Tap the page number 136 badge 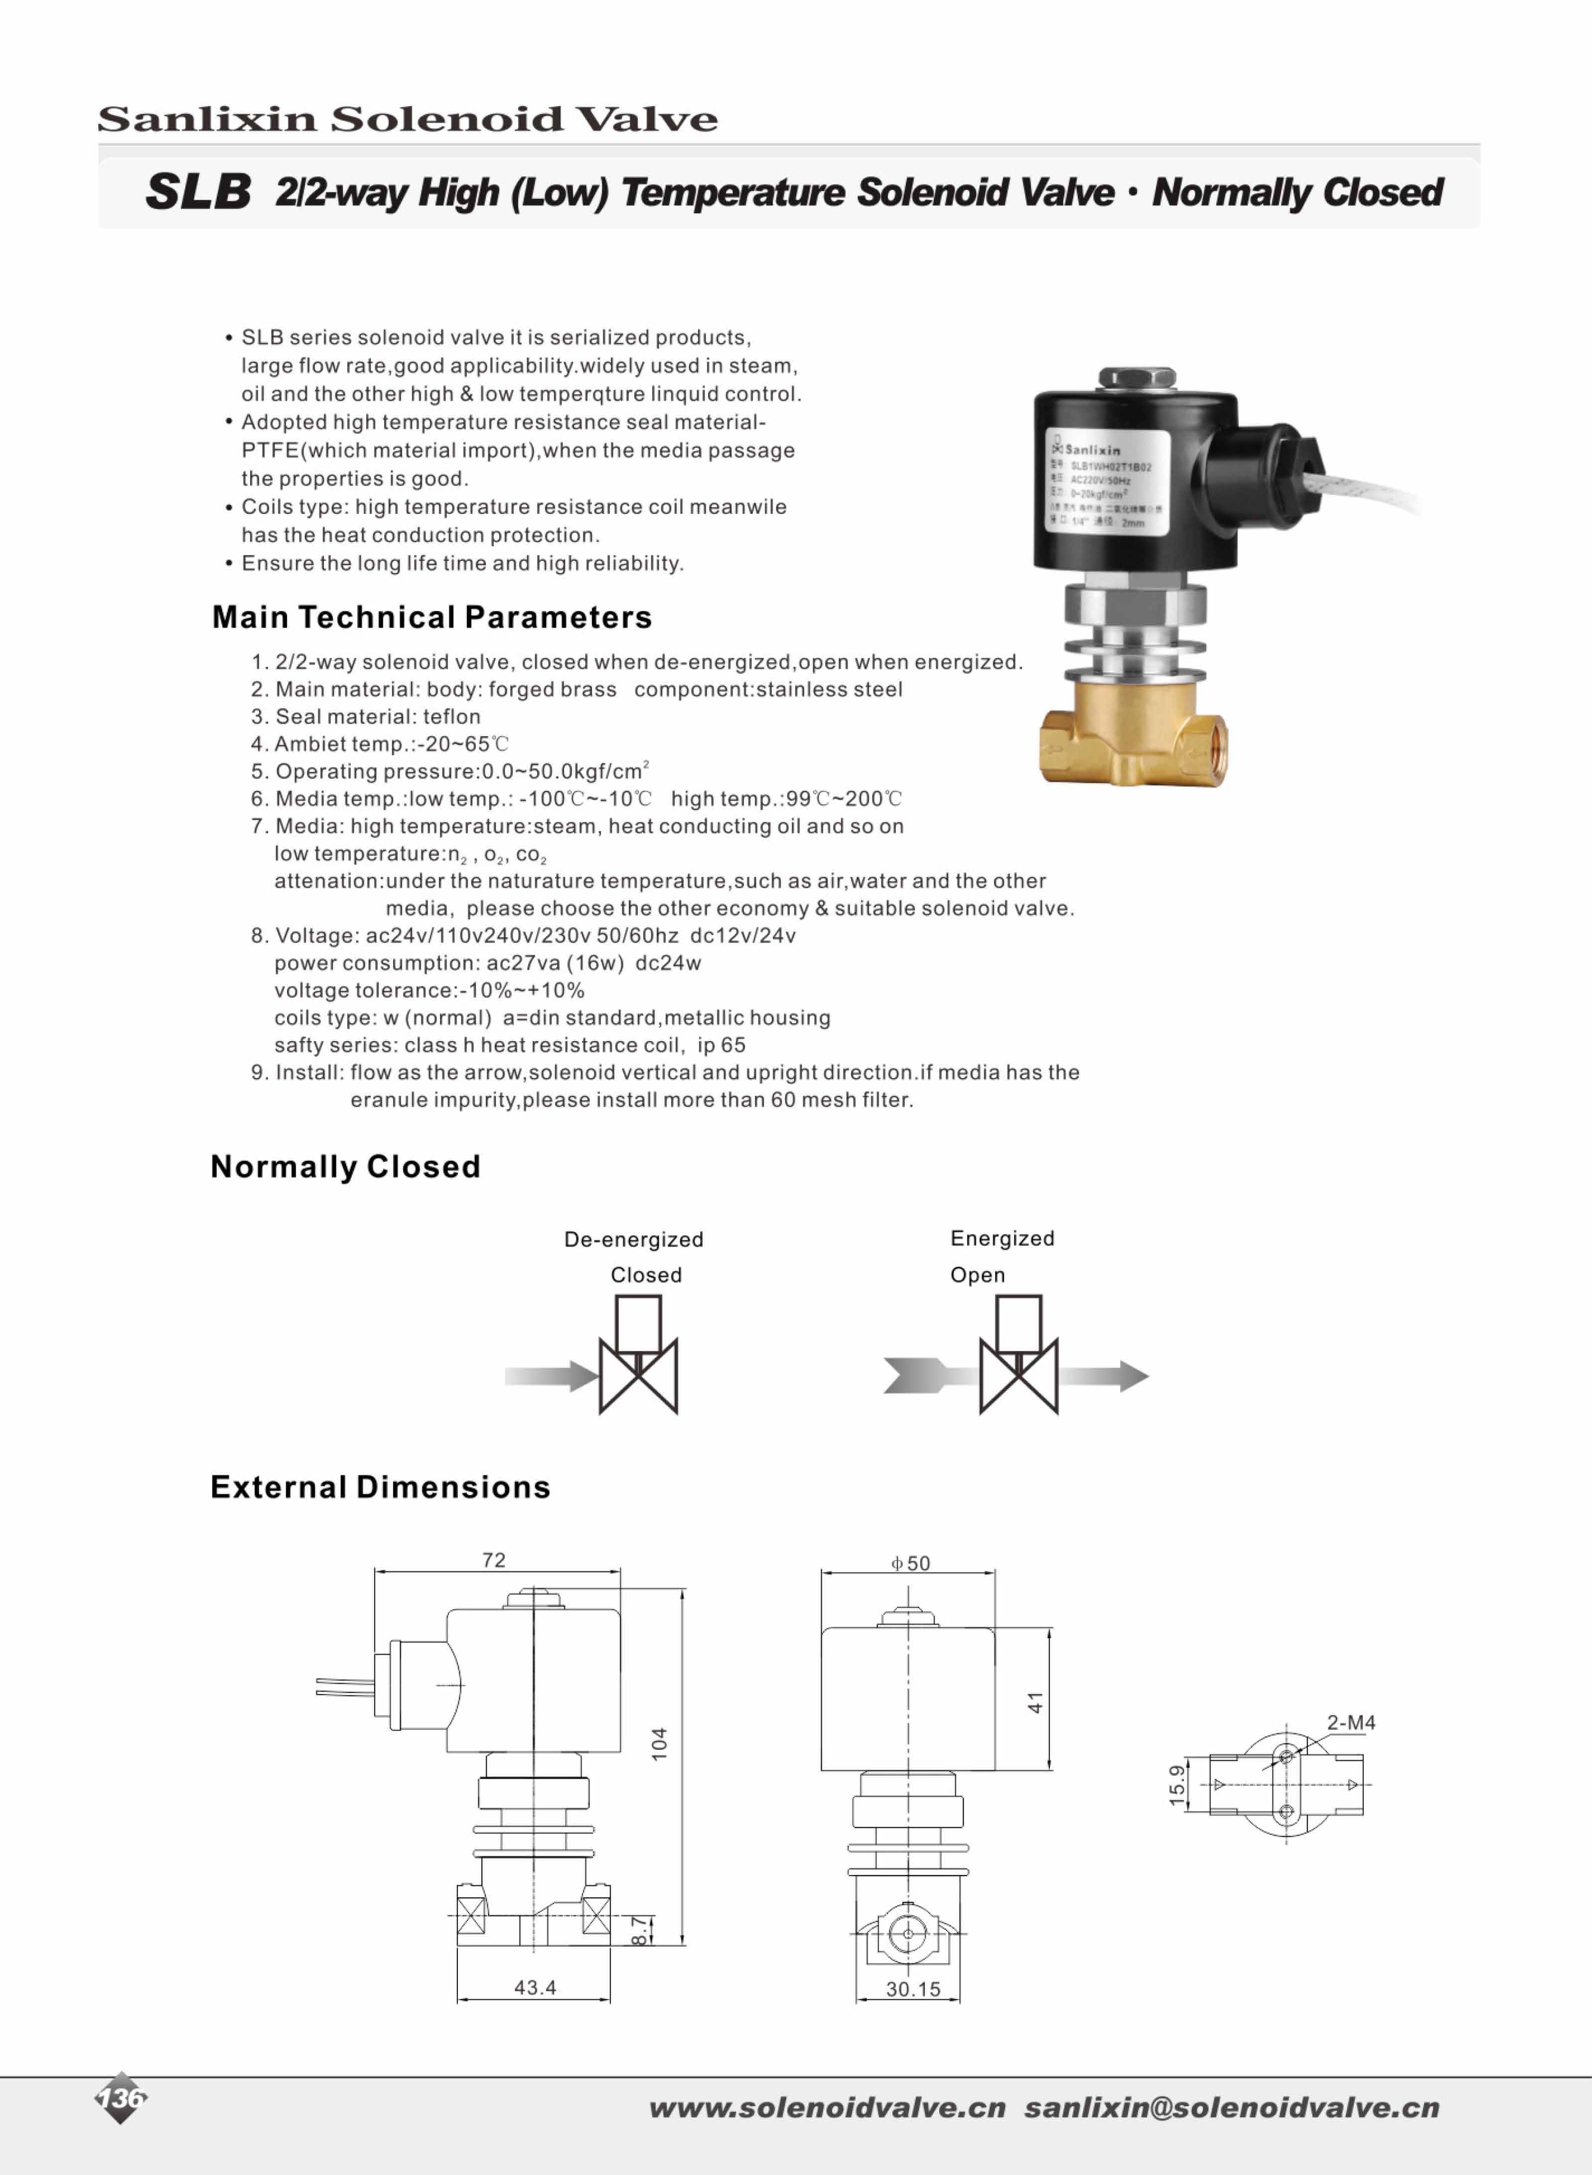(x=121, y=2097)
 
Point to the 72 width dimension (x=493, y=1560)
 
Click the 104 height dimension (x=659, y=1743)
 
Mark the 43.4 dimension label (x=535, y=1987)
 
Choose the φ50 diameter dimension (x=911, y=1563)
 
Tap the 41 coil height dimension (x=1035, y=1703)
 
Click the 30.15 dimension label (x=913, y=1989)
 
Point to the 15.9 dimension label (x=1176, y=1785)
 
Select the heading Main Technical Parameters (x=432, y=617)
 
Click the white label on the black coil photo (x=1108, y=480)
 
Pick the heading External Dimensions (x=380, y=1487)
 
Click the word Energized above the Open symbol (x=1002, y=1239)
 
